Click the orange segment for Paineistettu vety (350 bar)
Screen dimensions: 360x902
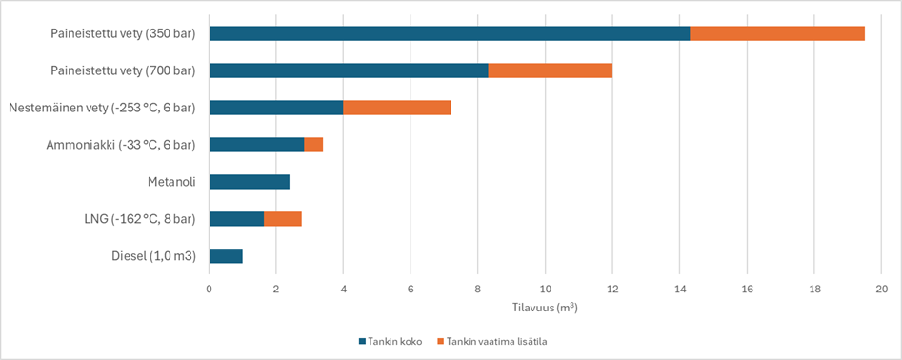click(x=777, y=33)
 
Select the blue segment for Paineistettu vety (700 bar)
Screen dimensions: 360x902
click(x=348, y=70)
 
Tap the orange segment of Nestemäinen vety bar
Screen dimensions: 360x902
click(x=396, y=108)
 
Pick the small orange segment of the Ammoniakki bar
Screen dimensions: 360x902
click(x=313, y=145)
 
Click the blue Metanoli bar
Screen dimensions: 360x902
click(x=249, y=182)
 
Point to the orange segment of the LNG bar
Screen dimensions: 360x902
click(x=283, y=219)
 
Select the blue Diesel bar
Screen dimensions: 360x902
click(x=226, y=256)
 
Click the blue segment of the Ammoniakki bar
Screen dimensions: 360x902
click(x=256, y=145)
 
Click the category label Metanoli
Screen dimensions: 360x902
click(x=171, y=182)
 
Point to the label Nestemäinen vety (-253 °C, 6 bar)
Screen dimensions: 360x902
click(x=102, y=108)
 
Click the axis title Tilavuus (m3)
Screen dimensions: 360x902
click(x=545, y=308)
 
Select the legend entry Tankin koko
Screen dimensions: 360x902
click(x=395, y=340)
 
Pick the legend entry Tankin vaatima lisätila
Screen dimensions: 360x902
click(x=495, y=340)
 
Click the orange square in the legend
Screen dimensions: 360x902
click(x=440, y=340)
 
